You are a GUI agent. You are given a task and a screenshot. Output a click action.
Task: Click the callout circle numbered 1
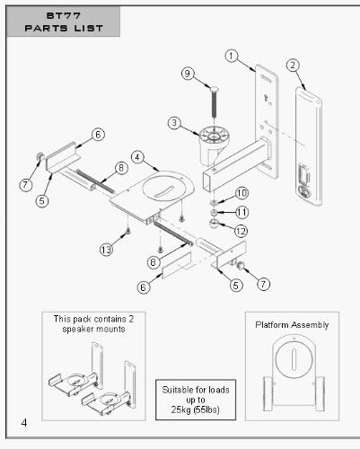231,56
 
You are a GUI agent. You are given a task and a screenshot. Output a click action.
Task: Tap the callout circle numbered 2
293,66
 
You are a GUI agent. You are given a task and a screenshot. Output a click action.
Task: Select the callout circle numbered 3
174,123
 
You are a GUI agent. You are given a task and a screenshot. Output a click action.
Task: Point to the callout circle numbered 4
137,157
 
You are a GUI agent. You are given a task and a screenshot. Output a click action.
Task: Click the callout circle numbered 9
188,74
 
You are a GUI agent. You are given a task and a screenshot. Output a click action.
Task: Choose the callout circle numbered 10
242,193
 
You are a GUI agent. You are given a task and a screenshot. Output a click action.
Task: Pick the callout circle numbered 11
242,213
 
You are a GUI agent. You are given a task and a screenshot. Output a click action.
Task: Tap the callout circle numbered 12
241,231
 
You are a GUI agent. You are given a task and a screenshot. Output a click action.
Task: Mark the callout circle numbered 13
106,250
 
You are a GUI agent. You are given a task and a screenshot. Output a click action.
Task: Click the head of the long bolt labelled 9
215,89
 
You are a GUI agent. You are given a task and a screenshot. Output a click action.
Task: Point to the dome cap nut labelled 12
214,224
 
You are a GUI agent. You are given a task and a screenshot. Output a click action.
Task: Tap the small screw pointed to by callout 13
128,230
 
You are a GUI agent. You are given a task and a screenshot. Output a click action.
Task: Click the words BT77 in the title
64,16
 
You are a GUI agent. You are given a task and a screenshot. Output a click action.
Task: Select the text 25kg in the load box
181,409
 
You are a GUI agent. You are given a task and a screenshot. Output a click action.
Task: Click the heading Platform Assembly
292,325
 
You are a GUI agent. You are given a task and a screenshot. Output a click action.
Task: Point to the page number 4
24,423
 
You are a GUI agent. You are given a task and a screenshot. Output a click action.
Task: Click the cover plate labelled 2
309,146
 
